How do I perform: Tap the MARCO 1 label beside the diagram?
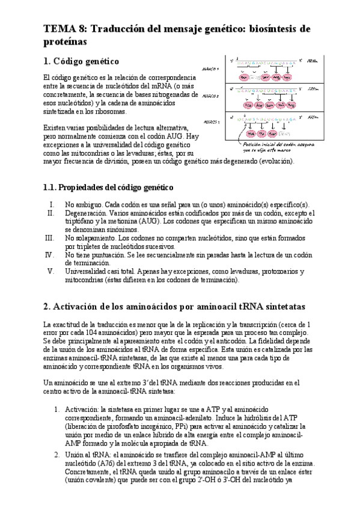tap(211, 69)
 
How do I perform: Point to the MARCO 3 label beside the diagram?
tap(211, 121)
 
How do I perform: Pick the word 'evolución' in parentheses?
tap(273, 161)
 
